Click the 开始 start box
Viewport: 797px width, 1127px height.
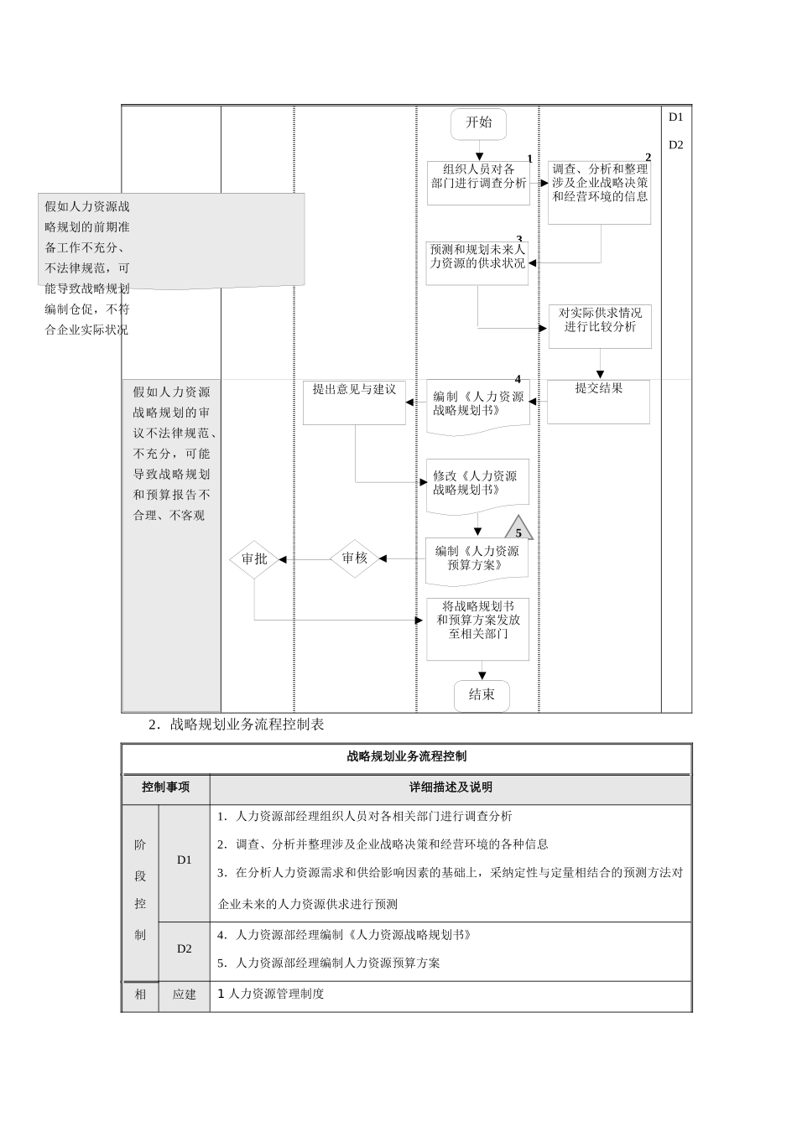[x=479, y=123]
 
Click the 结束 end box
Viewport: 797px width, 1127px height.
[x=482, y=695]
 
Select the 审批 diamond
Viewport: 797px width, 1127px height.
[x=254, y=558]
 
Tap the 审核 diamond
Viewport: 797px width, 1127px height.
[x=354, y=558]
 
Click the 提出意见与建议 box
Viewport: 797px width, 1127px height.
[x=354, y=402]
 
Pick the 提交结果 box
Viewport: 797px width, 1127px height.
[x=598, y=401]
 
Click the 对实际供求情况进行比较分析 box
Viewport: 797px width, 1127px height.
[x=600, y=325]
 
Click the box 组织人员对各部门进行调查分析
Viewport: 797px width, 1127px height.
[x=478, y=182]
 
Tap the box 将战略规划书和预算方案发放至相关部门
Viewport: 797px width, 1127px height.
[x=477, y=628]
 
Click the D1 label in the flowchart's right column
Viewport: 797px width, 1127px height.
[x=676, y=117]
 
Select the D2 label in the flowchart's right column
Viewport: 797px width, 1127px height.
[x=676, y=144]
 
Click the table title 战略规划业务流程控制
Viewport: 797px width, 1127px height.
[x=407, y=756]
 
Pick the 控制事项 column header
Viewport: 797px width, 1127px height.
[x=166, y=787]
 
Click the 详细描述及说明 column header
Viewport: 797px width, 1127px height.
[x=451, y=787]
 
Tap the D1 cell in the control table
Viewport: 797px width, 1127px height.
[x=185, y=860]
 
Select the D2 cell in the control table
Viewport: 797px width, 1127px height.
[x=185, y=949]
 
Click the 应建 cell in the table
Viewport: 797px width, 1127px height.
[x=185, y=995]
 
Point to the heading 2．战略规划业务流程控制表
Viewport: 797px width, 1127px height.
[x=237, y=724]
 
